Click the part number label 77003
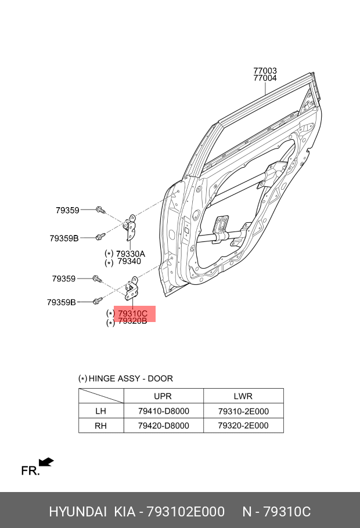tap(265, 70)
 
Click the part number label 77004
tap(265, 78)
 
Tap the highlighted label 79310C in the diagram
tap(132, 313)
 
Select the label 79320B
tap(132, 321)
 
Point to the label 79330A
tap(131, 254)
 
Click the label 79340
tap(129, 261)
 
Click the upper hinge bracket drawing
tap(130, 227)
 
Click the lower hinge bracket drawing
tap(131, 288)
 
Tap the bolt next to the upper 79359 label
tap(100, 210)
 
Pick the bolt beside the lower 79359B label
tap(98, 301)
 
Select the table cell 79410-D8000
tap(164, 411)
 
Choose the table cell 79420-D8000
tap(164, 426)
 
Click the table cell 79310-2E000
tap(243, 411)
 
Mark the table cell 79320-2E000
tap(243, 426)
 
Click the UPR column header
tap(163, 396)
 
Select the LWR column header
tap(243, 396)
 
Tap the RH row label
tap(100, 426)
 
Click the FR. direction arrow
tap(46, 462)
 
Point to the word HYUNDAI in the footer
tap(78, 512)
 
